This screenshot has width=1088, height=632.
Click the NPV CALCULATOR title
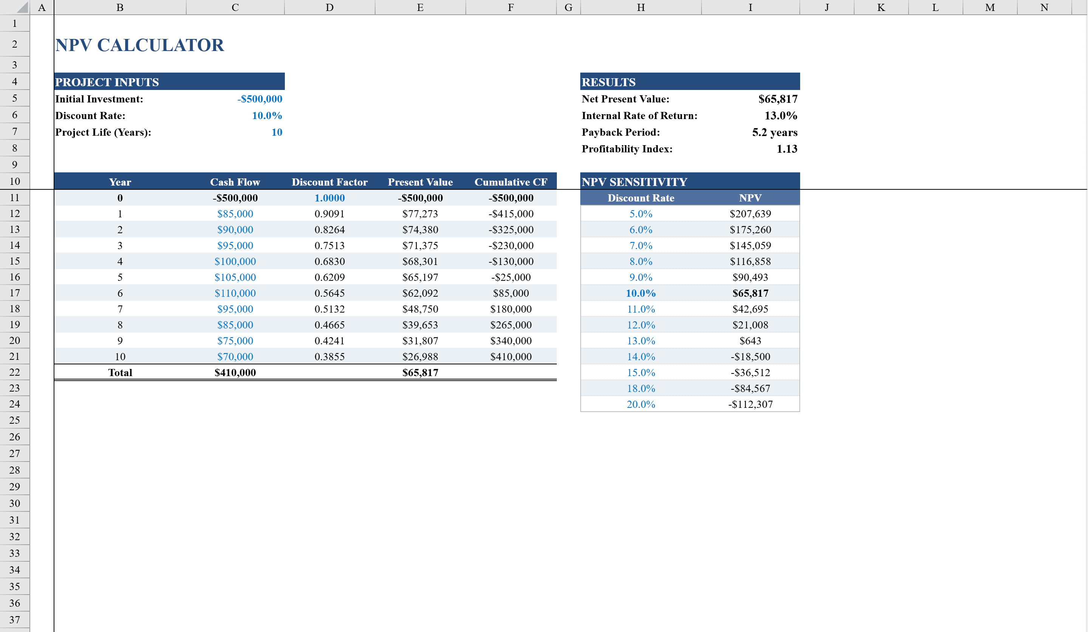coord(139,45)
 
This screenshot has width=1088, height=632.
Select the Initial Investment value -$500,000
coord(260,99)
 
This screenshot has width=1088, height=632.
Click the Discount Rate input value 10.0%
coord(267,116)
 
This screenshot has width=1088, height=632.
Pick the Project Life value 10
coord(277,132)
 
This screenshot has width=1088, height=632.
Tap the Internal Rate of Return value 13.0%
coord(780,116)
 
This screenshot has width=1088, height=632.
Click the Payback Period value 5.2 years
coord(774,132)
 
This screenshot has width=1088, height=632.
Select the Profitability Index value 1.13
coord(787,149)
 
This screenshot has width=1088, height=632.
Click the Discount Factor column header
coord(329,182)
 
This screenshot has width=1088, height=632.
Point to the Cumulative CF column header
coord(511,182)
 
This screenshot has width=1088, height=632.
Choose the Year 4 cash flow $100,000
coord(235,261)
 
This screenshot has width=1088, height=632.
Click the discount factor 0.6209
coord(329,277)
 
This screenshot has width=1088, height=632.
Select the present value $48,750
coord(420,309)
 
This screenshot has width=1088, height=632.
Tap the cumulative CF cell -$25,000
coord(511,277)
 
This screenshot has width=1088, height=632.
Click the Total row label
coord(120,372)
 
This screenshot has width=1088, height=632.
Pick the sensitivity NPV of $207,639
coord(750,214)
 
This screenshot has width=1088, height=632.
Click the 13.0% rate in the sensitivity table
coord(641,341)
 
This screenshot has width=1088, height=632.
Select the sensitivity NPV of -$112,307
coord(750,404)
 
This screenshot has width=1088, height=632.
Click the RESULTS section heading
coord(608,82)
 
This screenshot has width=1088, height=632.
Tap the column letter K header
coord(881,7)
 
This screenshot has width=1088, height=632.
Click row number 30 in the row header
coord(15,503)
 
